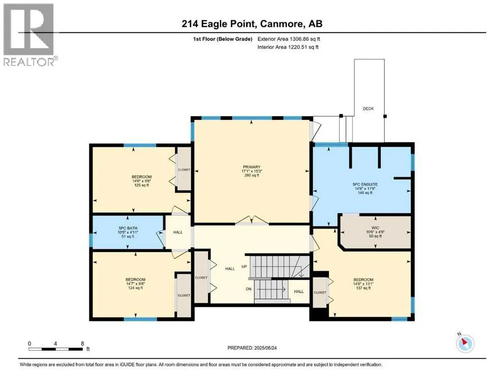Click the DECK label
[x=368, y=109]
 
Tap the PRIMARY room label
[x=251, y=167]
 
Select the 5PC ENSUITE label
[x=365, y=184]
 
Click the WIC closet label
[x=375, y=227]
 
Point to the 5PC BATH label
[x=127, y=229]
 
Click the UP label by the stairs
[x=244, y=267]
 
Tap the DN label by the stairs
[x=249, y=289]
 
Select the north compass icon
[x=465, y=343]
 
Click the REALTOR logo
[x=30, y=35]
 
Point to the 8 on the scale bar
[x=83, y=343]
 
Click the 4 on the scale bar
[x=56, y=343]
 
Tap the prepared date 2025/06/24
[x=265, y=348]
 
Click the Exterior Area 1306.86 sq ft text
[x=289, y=39]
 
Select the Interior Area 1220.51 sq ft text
[x=288, y=47]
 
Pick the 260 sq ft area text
[x=251, y=175]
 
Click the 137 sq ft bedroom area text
[x=363, y=288]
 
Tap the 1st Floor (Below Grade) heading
[x=222, y=39]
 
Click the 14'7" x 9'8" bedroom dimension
[x=136, y=284]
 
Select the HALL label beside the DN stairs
[x=298, y=291]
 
